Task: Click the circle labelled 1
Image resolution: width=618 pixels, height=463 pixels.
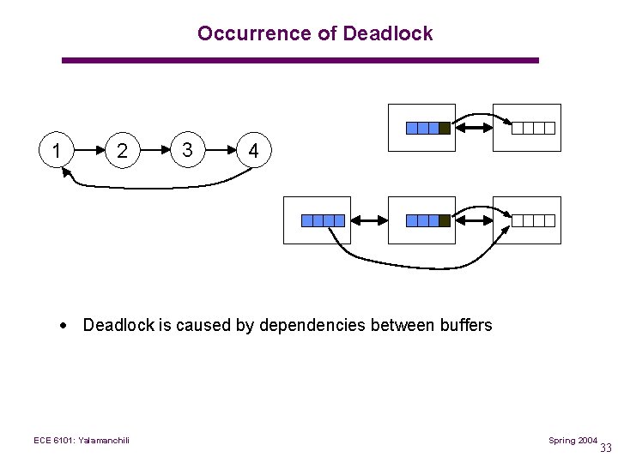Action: click(x=56, y=152)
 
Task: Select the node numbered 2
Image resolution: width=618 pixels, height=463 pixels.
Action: click(x=122, y=152)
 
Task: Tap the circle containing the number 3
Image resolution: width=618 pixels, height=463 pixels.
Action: click(x=187, y=150)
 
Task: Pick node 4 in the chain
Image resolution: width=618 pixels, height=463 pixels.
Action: click(x=252, y=152)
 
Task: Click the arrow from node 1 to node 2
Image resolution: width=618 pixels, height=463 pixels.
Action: click(x=89, y=152)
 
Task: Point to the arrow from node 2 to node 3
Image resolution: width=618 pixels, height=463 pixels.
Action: click(x=154, y=151)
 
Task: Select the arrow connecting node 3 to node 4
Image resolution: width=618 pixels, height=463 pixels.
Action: click(x=220, y=151)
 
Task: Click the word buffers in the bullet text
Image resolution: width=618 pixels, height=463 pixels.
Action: click(x=465, y=325)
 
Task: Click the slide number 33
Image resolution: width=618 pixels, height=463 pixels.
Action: click(x=605, y=448)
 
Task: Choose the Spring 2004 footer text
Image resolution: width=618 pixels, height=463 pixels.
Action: click(x=573, y=440)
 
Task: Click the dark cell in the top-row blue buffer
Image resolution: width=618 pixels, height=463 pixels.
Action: click(x=444, y=129)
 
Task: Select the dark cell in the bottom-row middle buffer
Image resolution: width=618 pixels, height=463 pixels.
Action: click(x=444, y=221)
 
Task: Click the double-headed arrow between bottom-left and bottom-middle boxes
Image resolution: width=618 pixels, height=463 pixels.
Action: click(x=367, y=221)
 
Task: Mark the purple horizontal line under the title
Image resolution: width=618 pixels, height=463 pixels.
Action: click(x=300, y=60)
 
